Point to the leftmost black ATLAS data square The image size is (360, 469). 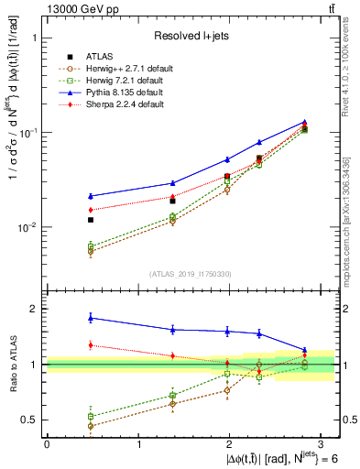(x=90, y=220)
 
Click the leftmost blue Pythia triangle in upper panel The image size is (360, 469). (x=90, y=196)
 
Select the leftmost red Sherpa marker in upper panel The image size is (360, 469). (x=90, y=210)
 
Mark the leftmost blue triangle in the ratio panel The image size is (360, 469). (x=90, y=318)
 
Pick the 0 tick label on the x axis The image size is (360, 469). (x=47, y=444)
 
